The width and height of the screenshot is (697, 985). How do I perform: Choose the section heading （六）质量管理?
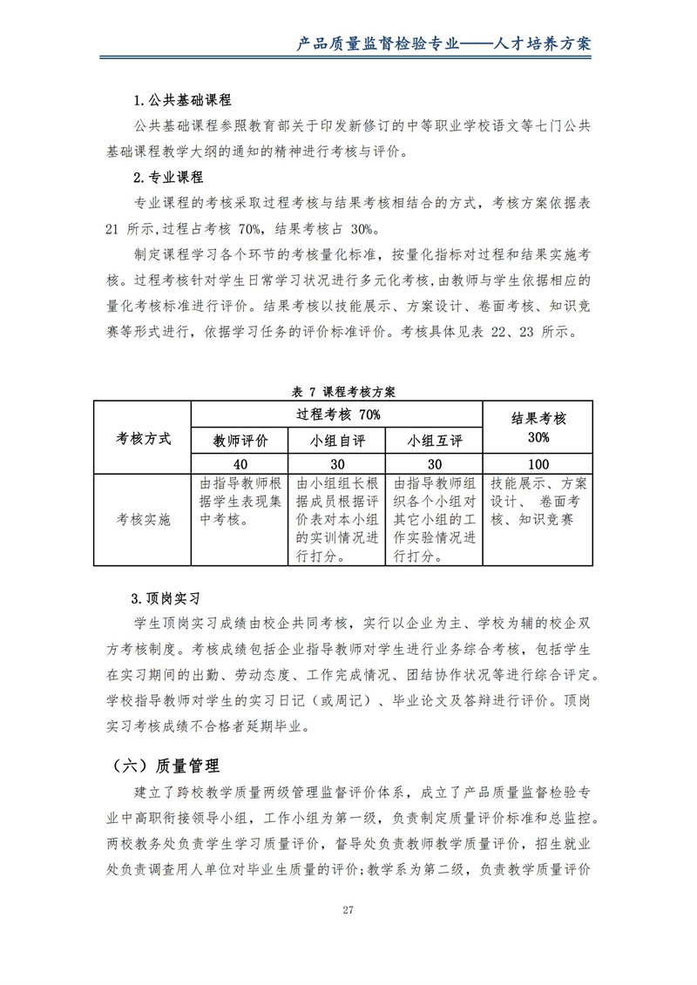(166, 766)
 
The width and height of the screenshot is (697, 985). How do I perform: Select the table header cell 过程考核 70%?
(337, 413)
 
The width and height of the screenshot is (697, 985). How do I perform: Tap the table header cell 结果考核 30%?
(538, 427)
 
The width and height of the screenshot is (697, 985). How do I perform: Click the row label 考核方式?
(143, 437)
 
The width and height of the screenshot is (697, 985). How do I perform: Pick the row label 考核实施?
(143, 519)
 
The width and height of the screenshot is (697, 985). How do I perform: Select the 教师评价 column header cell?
(240, 440)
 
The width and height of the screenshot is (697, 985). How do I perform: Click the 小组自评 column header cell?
(337, 440)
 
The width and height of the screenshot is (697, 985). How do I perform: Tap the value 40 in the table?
(240, 464)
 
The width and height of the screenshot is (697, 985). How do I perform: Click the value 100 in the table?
(538, 464)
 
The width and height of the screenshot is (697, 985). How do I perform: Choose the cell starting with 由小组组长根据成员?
(337, 519)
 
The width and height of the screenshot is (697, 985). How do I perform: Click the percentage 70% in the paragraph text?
(249, 229)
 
